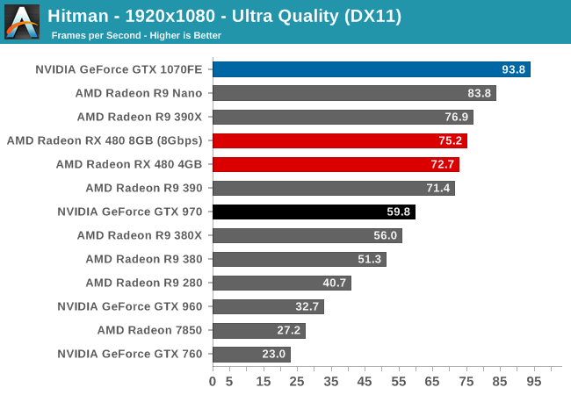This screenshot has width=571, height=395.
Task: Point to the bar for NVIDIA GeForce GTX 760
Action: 251,354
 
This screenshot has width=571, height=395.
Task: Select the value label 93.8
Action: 514,69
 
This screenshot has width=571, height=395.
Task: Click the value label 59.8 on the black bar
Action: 399,212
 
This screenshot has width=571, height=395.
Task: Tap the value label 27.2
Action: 288,330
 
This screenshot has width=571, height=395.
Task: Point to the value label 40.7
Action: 335,283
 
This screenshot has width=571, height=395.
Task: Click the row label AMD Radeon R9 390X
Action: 139,117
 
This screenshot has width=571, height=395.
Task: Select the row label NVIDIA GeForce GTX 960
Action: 129,306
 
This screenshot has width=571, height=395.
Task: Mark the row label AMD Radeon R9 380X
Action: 139,235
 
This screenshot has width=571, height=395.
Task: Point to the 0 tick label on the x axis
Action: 213,382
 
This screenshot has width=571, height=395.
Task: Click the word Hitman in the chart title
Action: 76,15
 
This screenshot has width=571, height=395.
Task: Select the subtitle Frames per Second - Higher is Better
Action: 136,35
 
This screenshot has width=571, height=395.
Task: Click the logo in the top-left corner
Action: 21,21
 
